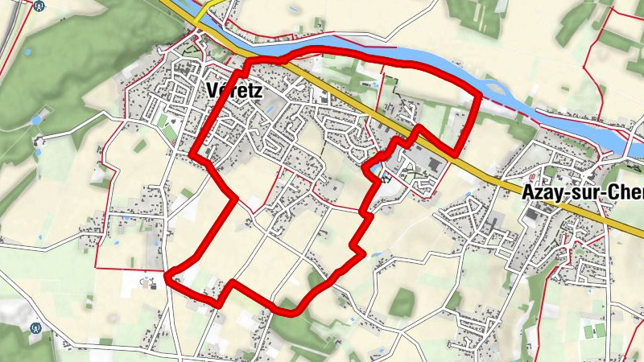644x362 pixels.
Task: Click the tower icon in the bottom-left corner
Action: pyautogui.click(x=35, y=328)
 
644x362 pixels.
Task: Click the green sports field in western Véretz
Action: pyautogui.click(x=167, y=125)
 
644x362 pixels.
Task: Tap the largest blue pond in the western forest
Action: pyautogui.click(x=36, y=119)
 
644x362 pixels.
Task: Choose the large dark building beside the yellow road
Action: pyautogui.click(x=433, y=164)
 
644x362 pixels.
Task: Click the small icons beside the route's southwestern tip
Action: pyautogui.click(x=149, y=282)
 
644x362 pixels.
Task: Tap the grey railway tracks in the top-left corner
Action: pyautogui.click(x=10, y=32)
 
